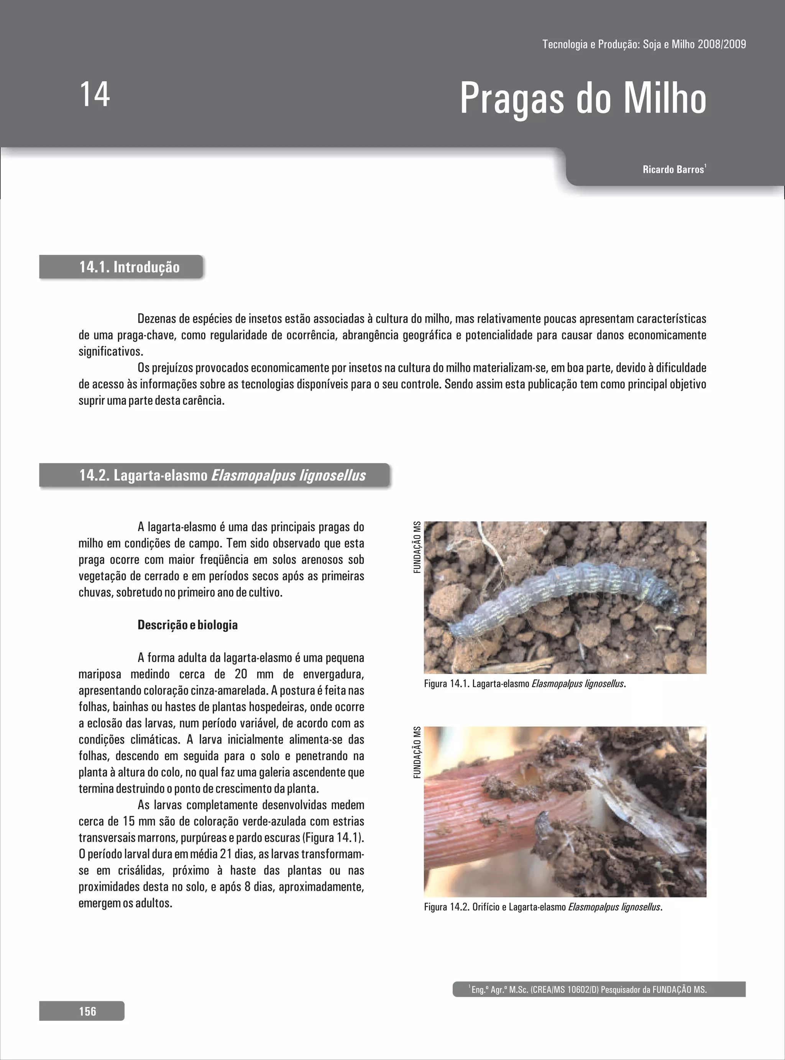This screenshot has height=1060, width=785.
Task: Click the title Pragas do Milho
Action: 583,99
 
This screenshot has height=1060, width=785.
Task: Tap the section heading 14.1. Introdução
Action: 129,267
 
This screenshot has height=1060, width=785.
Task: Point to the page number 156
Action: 87,1011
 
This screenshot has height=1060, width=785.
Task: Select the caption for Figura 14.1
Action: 525,684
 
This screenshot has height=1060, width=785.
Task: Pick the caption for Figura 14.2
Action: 543,907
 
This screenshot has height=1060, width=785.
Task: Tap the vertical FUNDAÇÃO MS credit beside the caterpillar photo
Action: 417,547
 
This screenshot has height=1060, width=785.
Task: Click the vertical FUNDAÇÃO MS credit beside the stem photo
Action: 417,752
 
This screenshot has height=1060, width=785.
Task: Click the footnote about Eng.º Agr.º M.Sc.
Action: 588,990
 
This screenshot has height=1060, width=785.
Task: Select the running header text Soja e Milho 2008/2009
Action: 694,44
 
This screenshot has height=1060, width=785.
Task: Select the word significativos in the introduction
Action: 110,352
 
